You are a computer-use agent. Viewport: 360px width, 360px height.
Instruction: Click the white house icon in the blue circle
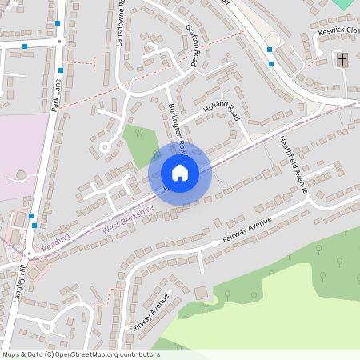click(180, 172)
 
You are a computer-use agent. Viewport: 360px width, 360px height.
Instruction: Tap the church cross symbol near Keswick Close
click(343, 60)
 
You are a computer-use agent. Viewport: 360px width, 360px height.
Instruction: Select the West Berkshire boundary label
click(128, 221)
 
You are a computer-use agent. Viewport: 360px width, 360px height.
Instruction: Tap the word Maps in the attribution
click(12, 354)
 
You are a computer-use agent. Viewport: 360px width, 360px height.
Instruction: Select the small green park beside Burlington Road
click(139, 145)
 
